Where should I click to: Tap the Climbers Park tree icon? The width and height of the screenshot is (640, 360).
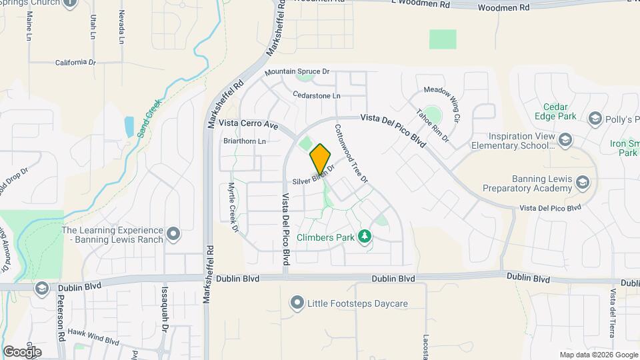point(364,236)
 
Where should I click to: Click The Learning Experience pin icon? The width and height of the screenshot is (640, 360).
point(173,233)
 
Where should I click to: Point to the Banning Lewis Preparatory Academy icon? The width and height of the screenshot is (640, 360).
point(582,183)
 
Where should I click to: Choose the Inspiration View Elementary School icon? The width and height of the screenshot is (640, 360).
point(565,139)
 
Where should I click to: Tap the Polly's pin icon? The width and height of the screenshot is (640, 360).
point(595,119)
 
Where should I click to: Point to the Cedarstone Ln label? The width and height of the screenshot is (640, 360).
point(317,95)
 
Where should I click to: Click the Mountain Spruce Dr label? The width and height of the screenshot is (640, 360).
point(297,71)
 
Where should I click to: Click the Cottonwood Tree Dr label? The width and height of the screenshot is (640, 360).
point(351,153)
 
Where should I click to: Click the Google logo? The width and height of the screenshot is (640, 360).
point(22,351)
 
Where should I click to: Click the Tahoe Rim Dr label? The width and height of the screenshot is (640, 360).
point(433,125)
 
